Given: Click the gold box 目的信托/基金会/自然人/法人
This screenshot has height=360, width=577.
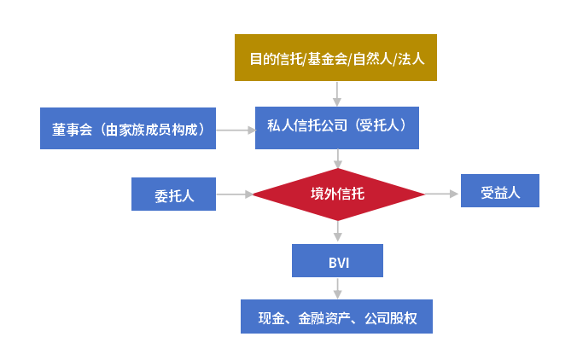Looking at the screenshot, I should pyautogui.click(x=335, y=57).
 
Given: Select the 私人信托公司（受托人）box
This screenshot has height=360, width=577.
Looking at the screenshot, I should pyautogui.click(x=337, y=127).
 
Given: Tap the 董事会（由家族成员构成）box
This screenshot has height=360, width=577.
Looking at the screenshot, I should pyautogui.click(x=128, y=130).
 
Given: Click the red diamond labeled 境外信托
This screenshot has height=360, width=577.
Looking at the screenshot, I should pyautogui.click(x=337, y=194).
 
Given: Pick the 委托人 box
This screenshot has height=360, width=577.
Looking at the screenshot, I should pyautogui.click(x=174, y=194).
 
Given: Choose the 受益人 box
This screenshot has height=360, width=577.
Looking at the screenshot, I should pyautogui.click(x=499, y=191).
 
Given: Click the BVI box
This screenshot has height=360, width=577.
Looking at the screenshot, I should pyautogui.click(x=337, y=260).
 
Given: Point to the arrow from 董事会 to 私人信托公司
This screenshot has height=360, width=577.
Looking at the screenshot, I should pyautogui.click(x=236, y=130).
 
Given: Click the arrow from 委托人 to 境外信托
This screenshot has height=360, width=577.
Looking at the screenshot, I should pyautogui.click(x=234, y=195).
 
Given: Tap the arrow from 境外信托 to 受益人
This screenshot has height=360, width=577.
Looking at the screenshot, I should pyautogui.click(x=442, y=194).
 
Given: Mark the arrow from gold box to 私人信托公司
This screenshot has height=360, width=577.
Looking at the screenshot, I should pyautogui.click(x=338, y=93).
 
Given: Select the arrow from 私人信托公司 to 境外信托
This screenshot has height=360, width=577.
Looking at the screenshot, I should pyautogui.click(x=338, y=158).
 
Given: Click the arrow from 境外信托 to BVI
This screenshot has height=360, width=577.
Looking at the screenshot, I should pyautogui.click(x=338, y=231).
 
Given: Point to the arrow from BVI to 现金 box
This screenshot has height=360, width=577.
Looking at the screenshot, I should pyautogui.click(x=338, y=287).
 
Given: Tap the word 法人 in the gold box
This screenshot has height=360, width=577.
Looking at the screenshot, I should pyautogui.click(x=412, y=59).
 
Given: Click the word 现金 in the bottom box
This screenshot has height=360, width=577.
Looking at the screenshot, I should pyautogui.click(x=272, y=318).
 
